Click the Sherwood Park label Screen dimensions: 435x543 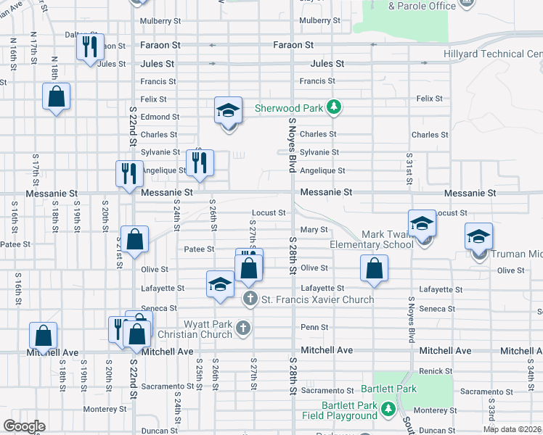[288, 109]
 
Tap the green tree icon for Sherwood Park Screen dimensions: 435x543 [333, 108]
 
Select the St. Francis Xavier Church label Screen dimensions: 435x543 [317, 299]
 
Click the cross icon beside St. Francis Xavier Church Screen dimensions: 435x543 [250, 299]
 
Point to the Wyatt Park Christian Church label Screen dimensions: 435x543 [195, 329]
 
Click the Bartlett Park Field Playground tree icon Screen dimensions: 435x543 [388, 410]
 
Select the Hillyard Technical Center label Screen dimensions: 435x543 [493, 54]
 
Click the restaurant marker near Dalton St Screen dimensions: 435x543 [90, 48]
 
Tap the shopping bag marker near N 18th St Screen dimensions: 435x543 [56, 97]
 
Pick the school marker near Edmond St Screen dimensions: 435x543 [228, 112]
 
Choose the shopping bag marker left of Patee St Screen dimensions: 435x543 [135, 239]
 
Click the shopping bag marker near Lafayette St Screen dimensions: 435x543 [373, 269]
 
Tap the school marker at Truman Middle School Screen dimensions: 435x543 [479, 237]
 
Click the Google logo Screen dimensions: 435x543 [24, 427]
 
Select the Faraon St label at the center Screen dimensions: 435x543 [293, 45]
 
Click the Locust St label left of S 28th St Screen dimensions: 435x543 [268, 213]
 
